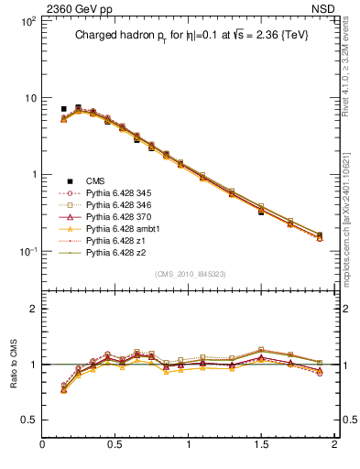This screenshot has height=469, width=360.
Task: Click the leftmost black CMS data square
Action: click(x=63, y=109)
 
